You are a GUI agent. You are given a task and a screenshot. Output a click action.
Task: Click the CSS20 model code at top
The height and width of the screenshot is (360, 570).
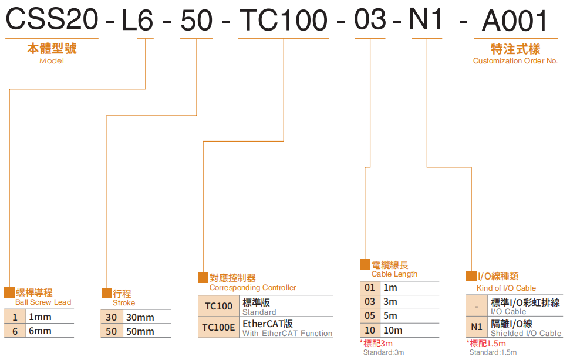(52, 20)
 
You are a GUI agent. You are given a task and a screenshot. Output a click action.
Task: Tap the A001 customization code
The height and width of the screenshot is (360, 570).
(515, 21)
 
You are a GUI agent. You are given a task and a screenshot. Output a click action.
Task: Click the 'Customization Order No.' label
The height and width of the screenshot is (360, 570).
(515, 61)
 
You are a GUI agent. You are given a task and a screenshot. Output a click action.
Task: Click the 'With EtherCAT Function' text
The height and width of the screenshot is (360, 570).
(287, 334)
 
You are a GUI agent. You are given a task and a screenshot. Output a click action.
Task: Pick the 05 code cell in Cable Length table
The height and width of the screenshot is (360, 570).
(370, 316)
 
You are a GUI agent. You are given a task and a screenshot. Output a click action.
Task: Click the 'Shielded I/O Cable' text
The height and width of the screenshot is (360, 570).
(526, 333)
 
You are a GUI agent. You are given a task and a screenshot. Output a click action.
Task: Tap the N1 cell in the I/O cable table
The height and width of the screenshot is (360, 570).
(477, 327)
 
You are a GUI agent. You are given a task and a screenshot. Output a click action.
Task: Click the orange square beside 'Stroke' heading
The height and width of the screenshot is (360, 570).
(106, 293)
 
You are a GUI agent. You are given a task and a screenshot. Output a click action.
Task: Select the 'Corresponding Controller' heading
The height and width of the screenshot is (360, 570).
(252, 288)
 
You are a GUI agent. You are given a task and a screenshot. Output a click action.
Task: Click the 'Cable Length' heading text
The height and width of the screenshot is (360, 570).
(394, 274)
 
